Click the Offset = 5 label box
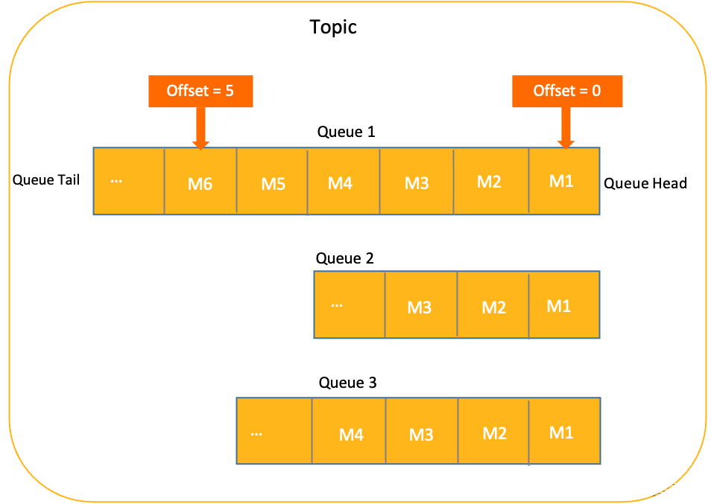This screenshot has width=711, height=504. click(200, 91)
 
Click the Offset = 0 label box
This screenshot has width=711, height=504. click(567, 91)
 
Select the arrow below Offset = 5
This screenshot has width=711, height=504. click(200, 128)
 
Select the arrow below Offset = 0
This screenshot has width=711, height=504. click(566, 128)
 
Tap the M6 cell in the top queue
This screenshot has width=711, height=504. click(200, 182)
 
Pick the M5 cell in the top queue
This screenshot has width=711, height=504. click(272, 182)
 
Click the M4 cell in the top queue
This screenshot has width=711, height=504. click(344, 182)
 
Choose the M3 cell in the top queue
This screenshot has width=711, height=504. click(417, 182)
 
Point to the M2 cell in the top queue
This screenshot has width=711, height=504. click(491, 182)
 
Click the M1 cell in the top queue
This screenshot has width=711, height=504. click(564, 182)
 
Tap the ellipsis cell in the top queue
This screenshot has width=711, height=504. click(129, 182)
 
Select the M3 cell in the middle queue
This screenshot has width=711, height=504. click(420, 305)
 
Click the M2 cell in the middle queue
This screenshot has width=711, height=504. click(493, 305)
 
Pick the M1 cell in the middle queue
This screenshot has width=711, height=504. click(564, 305)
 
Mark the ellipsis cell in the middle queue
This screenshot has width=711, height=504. click(349, 305)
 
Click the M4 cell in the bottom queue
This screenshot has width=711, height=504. click(349, 432)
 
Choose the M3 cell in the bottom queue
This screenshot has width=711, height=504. click(422, 432)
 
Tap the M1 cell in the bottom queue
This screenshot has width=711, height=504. click(564, 432)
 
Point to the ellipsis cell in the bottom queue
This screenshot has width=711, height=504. click(274, 432)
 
